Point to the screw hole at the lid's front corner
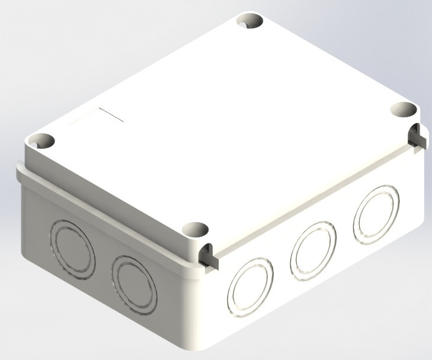(x=195, y=229)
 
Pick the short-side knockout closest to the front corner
(x=135, y=282)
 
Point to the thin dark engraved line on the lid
(x=111, y=115)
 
